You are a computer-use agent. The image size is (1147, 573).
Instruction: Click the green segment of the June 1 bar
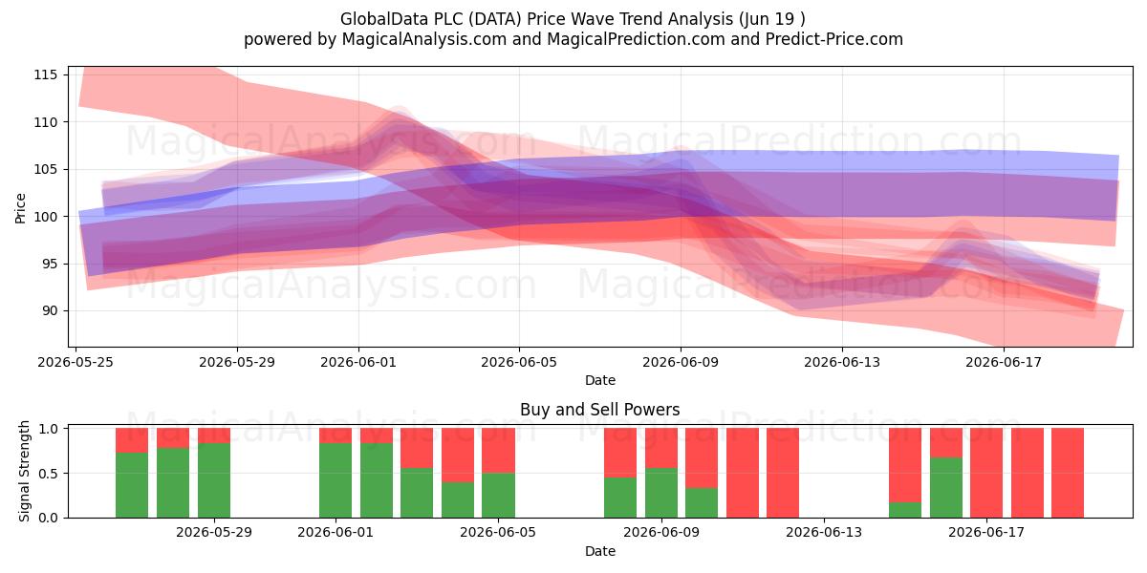pyautogui.click(x=335, y=480)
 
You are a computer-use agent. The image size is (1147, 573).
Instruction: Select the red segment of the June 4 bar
pyautogui.click(x=458, y=455)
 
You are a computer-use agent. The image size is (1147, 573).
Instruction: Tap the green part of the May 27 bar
pyautogui.click(x=173, y=483)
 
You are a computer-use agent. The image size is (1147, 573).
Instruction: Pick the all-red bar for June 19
pyautogui.click(x=1068, y=473)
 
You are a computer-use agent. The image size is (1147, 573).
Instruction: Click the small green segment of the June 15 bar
pyautogui.click(x=905, y=510)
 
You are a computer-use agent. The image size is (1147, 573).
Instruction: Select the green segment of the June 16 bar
pyautogui.click(x=945, y=488)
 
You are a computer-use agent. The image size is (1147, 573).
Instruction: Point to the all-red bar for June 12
pyautogui.click(x=783, y=473)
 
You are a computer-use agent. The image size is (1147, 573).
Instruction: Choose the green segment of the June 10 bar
pyautogui.click(x=702, y=503)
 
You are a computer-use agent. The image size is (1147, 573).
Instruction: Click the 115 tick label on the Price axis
pyautogui.click(x=45, y=75)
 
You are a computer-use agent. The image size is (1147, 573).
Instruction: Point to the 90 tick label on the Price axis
pyautogui.click(x=49, y=311)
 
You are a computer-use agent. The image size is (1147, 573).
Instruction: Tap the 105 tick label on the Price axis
pyautogui.click(x=45, y=169)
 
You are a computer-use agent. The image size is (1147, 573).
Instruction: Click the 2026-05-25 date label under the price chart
pyautogui.click(x=76, y=362)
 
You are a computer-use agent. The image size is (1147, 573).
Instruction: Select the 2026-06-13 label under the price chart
pyautogui.click(x=842, y=362)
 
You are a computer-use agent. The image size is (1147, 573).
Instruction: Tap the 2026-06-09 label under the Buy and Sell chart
pyautogui.click(x=661, y=532)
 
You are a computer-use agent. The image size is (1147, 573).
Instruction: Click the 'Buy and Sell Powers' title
pyautogui.click(x=599, y=410)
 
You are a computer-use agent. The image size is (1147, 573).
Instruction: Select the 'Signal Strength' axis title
pyautogui.click(x=24, y=471)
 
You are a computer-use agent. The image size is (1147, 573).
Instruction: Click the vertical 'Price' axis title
pyautogui.click(x=20, y=208)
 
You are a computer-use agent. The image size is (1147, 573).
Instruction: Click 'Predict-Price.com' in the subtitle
pyautogui.click(x=834, y=39)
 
